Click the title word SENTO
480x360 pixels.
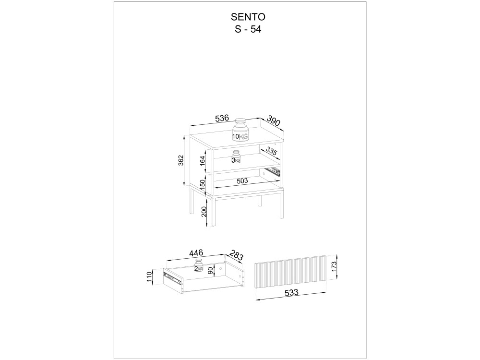pos(248,16)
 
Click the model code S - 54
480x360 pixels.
pos(248,29)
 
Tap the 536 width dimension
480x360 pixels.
pos(222,118)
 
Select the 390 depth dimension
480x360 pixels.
pos(274,120)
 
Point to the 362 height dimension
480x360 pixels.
pos(180,161)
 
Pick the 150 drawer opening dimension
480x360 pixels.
pos(203,185)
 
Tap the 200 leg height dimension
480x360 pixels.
pos(204,212)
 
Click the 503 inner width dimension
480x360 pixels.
pos(242,181)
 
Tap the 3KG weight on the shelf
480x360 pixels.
pos(236,157)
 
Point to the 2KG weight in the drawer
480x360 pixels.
pos(199,265)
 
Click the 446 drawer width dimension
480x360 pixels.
pos(196,253)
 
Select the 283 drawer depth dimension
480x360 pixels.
pos(236,256)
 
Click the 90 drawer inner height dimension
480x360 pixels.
pos(210,270)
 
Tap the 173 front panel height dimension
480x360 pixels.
pos(334,266)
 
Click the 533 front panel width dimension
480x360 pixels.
pos(291,293)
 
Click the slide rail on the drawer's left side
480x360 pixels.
pos(171,277)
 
